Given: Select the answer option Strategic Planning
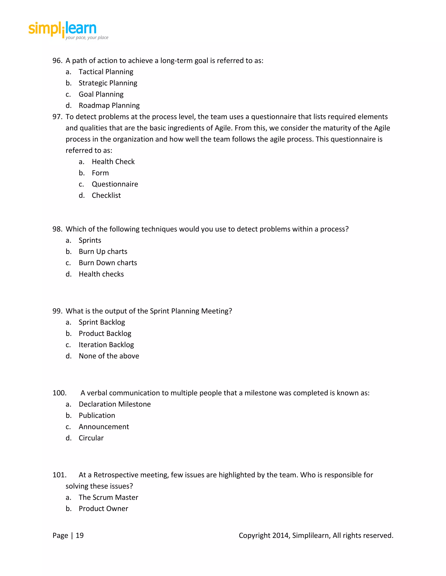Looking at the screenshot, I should click(x=108, y=83).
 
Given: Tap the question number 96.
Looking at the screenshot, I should click(x=57, y=61).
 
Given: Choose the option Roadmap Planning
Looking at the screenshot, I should click(x=109, y=105).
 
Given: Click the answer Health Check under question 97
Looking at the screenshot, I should click(x=113, y=162).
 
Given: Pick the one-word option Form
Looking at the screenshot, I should click(x=100, y=173).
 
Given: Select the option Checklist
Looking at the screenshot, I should click(x=106, y=195).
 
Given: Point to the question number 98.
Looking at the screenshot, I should click(x=57, y=229).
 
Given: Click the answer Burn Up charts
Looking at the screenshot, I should click(x=103, y=252).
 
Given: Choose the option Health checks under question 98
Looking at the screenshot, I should click(x=101, y=274).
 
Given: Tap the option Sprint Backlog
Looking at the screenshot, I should click(x=102, y=322).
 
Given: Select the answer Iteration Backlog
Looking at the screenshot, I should click(x=106, y=345).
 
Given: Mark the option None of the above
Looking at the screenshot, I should click(x=109, y=356).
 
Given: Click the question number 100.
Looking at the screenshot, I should click(x=59, y=393).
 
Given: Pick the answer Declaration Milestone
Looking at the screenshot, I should click(x=115, y=404).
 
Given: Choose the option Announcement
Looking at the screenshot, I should click(x=104, y=427).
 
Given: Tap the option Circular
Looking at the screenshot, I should click(x=91, y=438).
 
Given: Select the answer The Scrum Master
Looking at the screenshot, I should click(x=108, y=497).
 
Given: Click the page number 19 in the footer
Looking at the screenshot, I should click(x=79, y=535).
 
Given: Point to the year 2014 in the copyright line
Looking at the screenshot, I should click(x=281, y=535).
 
